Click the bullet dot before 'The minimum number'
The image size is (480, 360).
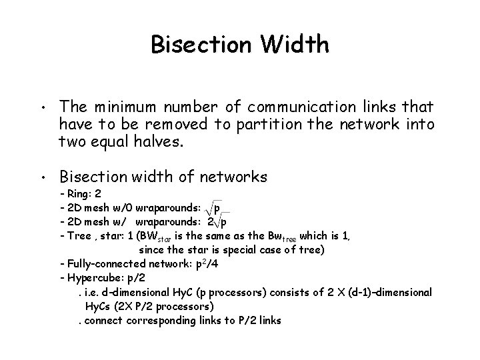(41, 108)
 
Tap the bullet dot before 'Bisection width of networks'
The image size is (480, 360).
(41, 178)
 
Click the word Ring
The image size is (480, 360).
(79, 195)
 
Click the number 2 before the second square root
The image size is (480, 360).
(211, 221)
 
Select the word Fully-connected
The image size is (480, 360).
(103, 264)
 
